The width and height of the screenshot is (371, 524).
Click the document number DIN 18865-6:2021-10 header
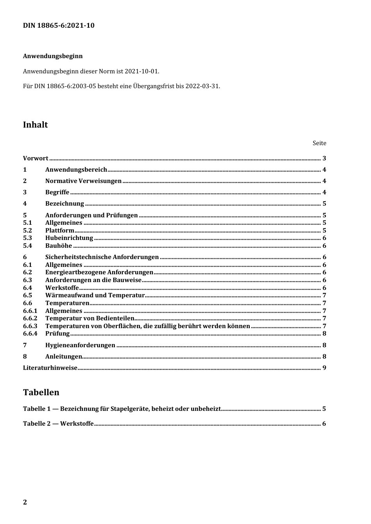59,26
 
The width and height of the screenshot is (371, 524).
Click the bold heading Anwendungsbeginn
53,56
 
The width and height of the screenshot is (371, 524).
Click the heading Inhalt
35,125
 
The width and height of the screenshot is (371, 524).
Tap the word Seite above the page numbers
319,143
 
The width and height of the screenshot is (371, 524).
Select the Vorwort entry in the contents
36,158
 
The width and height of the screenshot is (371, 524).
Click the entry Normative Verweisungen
83,181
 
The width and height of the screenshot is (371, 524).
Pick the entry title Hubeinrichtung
69,238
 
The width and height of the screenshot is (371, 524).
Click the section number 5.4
27,246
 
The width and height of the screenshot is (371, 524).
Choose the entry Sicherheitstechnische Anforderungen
102,257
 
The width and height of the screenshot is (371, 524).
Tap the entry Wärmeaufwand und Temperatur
95,295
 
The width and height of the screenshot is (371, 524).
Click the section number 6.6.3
30,326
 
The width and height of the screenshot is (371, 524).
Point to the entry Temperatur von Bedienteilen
90,318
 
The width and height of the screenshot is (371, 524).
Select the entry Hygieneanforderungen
80,345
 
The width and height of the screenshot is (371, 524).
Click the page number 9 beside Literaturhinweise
324,368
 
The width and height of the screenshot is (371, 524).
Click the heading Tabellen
41,393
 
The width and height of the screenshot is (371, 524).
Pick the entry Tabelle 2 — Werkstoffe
58,424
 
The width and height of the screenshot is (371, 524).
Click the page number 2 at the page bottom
25,502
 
